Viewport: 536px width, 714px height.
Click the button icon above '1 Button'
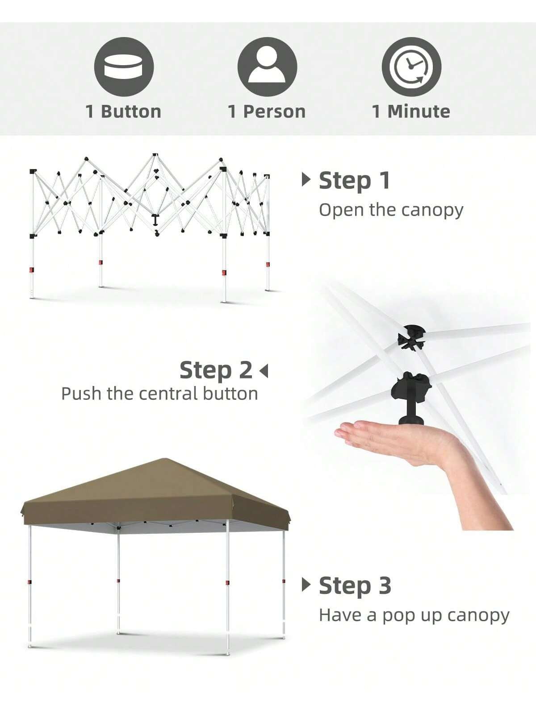[x=124, y=66]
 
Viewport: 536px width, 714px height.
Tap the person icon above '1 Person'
[x=267, y=66]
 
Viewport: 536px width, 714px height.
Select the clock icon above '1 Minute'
[x=411, y=66]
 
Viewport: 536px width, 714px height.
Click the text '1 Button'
[x=123, y=112]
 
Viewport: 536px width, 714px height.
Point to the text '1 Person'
[x=267, y=112]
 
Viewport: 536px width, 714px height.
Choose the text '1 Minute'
[x=411, y=112]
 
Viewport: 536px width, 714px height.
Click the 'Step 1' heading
[x=354, y=180]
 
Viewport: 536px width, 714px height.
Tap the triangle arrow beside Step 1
[x=306, y=179]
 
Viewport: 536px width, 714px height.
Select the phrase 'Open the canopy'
[x=391, y=211]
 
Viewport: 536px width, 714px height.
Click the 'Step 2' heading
[x=216, y=370]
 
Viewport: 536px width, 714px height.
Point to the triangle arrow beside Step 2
[x=264, y=371]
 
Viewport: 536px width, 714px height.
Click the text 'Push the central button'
[x=159, y=394]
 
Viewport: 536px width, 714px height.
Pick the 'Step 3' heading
[x=355, y=585]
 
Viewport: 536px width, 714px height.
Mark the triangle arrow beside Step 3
[x=306, y=585]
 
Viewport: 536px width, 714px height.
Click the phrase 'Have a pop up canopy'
[x=414, y=616]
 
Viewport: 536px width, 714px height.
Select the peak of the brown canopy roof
[x=165, y=459]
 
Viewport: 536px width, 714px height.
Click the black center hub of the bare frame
[x=155, y=220]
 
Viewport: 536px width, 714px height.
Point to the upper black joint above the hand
[x=411, y=337]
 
